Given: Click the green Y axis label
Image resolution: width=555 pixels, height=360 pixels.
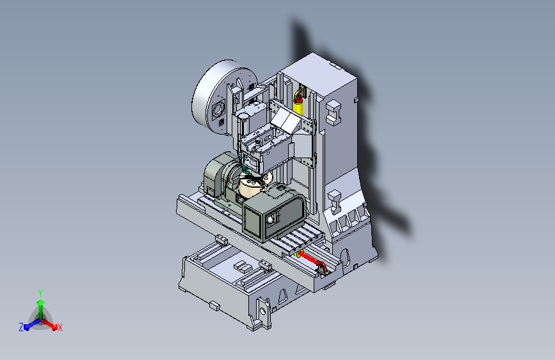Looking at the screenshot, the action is pyautogui.click(x=40, y=293).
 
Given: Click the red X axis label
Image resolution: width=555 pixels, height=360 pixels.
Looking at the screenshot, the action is pyautogui.click(x=60, y=327).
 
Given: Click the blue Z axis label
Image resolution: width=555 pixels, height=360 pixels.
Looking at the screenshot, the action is pyautogui.click(x=21, y=327).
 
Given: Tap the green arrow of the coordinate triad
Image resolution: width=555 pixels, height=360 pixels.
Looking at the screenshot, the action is pyautogui.click(x=41, y=308).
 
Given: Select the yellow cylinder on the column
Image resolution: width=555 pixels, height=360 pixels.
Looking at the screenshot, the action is pyautogui.click(x=298, y=106).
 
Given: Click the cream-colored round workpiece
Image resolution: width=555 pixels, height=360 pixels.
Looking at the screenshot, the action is pyautogui.click(x=250, y=187).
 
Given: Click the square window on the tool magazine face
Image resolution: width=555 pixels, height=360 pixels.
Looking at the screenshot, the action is pyautogui.click(x=218, y=108).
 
